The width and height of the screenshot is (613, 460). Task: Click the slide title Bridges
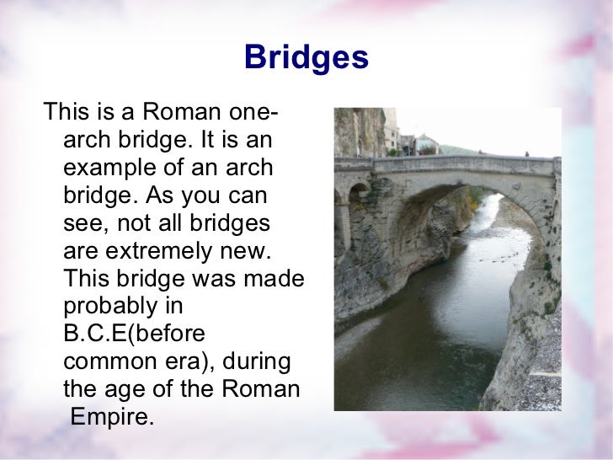[x=306, y=57]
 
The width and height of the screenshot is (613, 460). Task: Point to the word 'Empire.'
[x=112, y=417]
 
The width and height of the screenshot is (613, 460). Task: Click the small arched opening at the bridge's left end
[x=359, y=193]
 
